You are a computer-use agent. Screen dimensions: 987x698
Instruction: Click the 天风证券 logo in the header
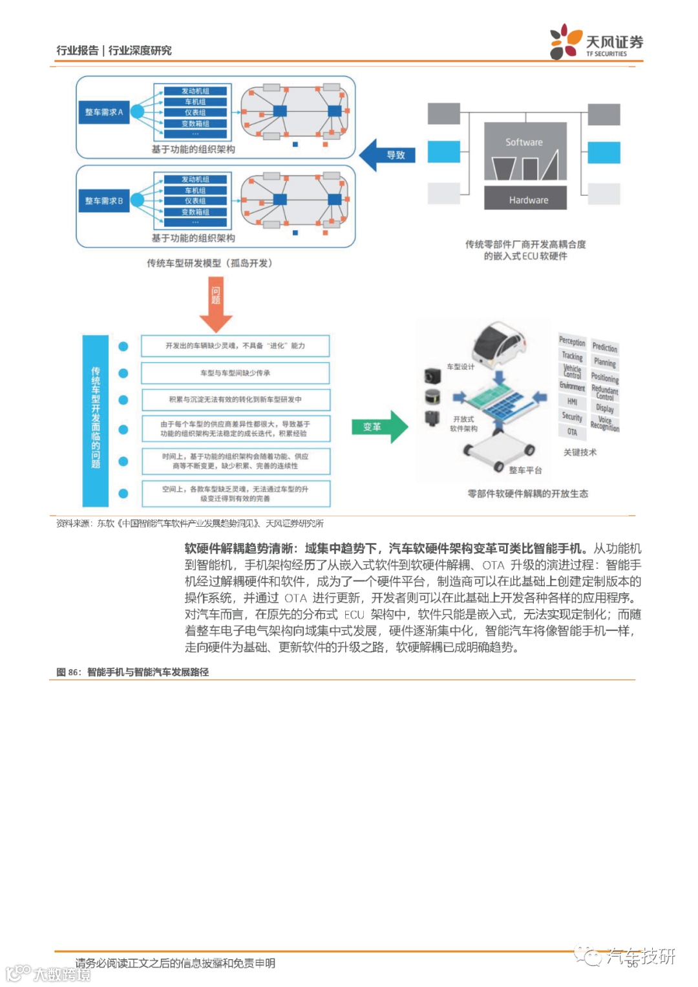pyautogui.click(x=596, y=42)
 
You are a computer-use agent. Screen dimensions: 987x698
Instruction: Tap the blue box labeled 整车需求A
pyautogui.click(x=103, y=112)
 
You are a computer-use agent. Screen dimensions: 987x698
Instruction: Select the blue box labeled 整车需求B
pyautogui.click(x=103, y=201)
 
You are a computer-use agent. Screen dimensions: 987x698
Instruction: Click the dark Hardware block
pyautogui.click(x=525, y=200)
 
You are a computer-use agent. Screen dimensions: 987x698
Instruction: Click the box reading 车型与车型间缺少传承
pyautogui.click(x=235, y=373)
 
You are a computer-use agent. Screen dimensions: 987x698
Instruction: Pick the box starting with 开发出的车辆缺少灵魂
pyautogui.click(x=235, y=346)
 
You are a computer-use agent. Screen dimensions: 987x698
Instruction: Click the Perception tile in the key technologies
pyautogui.click(x=572, y=341)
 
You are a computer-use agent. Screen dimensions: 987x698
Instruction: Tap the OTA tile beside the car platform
pyautogui.click(x=572, y=432)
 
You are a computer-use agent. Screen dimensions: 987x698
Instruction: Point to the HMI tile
pyautogui.click(x=572, y=401)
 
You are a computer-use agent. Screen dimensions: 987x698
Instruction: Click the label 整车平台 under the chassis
pyautogui.click(x=525, y=470)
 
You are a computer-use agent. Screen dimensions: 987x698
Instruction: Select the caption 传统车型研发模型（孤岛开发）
pyautogui.click(x=209, y=263)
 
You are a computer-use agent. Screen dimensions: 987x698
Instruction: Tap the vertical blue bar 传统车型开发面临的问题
pyautogui.click(x=96, y=420)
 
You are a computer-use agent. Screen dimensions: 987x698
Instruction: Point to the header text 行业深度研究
pyautogui.click(x=140, y=50)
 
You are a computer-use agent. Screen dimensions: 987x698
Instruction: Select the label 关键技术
pyautogui.click(x=580, y=452)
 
